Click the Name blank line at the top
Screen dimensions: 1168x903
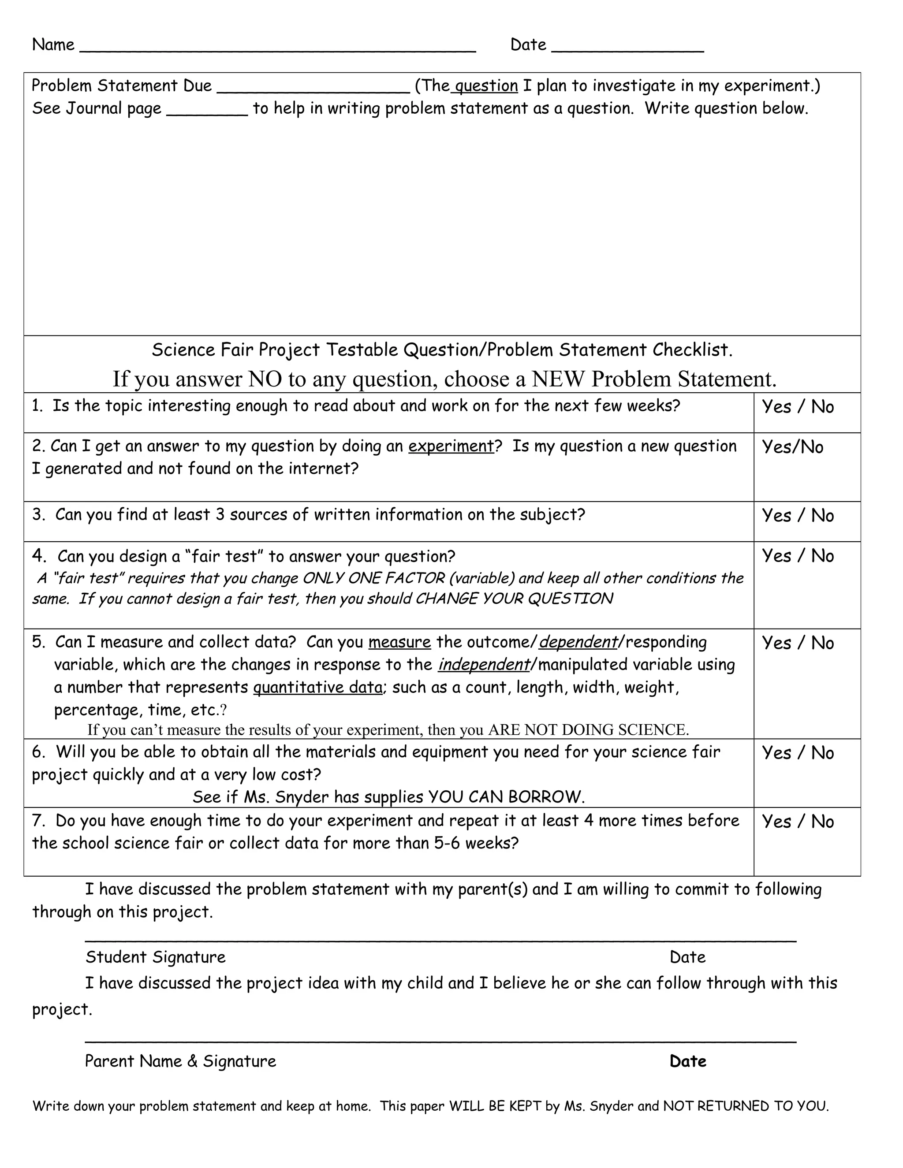[x=277, y=49]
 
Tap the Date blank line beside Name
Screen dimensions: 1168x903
[x=627, y=49]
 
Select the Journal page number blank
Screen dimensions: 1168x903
[x=207, y=112]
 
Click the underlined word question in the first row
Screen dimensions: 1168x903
[x=486, y=86]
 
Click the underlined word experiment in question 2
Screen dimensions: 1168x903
[x=451, y=446]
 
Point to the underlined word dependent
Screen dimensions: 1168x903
[x=578, y=642]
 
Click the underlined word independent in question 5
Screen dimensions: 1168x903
[x=484, y=664]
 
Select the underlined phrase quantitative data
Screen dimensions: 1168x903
[x=318, y=687]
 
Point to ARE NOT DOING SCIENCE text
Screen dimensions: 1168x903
[x=588, y=729]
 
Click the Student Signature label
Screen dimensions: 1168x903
[x=155, y=957]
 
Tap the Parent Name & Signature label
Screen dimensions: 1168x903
[x=180, y=1061]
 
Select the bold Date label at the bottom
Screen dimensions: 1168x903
[x=687, y=1061]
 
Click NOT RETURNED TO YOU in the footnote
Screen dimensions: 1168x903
[x=746, y=1106]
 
